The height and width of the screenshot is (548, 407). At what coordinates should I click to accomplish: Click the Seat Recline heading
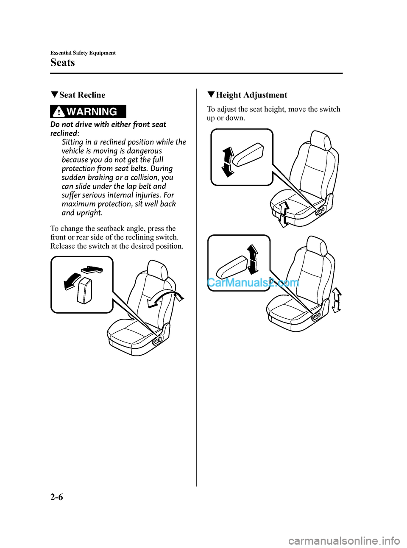[82, 95]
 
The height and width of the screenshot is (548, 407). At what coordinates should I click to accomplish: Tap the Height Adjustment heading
[251, 95]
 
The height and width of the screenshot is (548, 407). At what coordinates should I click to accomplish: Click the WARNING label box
[88, 111]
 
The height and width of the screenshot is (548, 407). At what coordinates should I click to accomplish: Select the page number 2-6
[56, 497]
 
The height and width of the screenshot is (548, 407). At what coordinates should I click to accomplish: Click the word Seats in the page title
[63, 63]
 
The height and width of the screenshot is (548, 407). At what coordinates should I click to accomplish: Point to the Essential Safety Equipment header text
[83, 53]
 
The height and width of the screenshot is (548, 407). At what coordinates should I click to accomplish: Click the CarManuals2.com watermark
[253, 283]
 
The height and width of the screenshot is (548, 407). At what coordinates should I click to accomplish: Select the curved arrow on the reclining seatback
[166, 298]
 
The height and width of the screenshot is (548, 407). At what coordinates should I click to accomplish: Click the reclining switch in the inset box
[85, 291]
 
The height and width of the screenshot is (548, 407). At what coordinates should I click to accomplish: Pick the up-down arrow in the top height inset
[228, 161]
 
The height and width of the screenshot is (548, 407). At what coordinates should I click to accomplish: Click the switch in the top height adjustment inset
[248, 154]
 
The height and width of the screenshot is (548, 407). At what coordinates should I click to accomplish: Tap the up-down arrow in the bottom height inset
[253, 259]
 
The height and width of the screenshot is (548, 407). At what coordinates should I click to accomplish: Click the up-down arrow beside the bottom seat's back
[336, 300]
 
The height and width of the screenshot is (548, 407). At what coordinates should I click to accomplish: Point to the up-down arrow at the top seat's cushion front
[283, 214]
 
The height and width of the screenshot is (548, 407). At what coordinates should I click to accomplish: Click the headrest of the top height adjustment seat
[321, 140]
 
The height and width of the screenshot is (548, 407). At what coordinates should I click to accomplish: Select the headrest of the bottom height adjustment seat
[316, 246]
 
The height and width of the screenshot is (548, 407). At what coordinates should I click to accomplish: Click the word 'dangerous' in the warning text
[144, 151]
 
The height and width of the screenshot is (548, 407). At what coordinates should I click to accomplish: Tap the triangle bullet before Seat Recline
[54, 95]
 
